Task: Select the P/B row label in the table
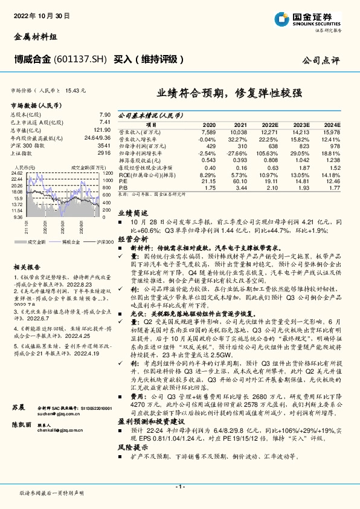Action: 123,188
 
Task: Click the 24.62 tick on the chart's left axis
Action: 18,173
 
